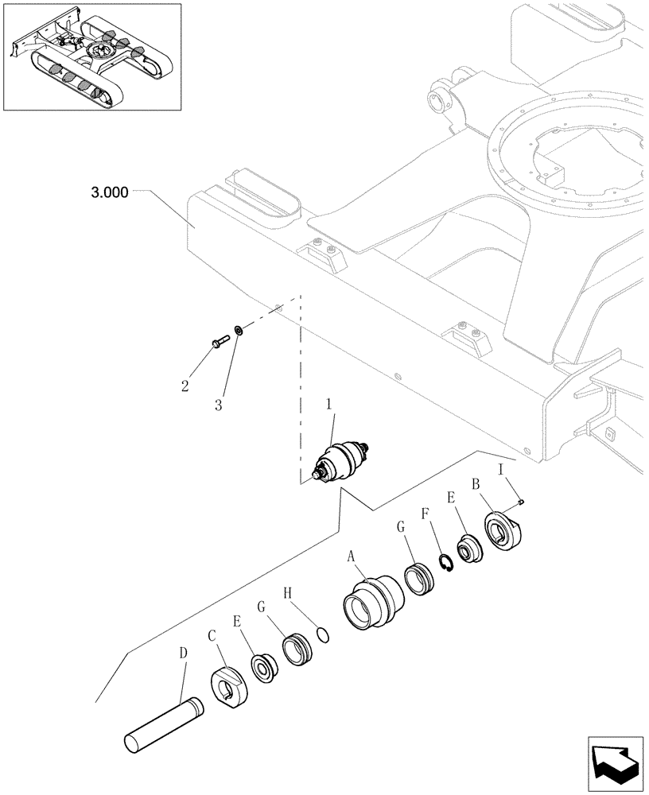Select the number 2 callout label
point(185,386)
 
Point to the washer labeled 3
point(239,330)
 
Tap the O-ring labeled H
point(321,634)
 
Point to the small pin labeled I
point(522,501)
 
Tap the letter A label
point(350,558)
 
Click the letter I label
point(501,471)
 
